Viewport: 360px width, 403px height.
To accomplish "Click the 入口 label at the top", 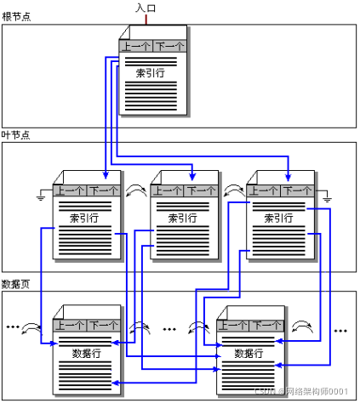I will point(146,8).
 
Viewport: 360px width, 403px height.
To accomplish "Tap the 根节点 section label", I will point(15,17).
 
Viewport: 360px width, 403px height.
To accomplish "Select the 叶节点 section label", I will point(15,135).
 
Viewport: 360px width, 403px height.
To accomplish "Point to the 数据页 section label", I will point(15,284).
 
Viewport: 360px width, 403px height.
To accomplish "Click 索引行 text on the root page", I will point(152,73).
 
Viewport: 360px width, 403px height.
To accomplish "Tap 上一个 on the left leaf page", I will point(70,191).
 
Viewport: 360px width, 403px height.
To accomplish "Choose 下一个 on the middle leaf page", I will point(200,191).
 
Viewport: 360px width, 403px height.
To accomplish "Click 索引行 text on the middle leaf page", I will point(182,218).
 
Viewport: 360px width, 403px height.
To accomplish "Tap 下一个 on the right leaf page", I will point(296,191).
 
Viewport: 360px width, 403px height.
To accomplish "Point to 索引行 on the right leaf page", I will point(278,218).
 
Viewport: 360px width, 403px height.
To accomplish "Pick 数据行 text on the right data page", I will point(249,353).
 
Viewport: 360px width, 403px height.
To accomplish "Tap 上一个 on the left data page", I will point(70,325).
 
